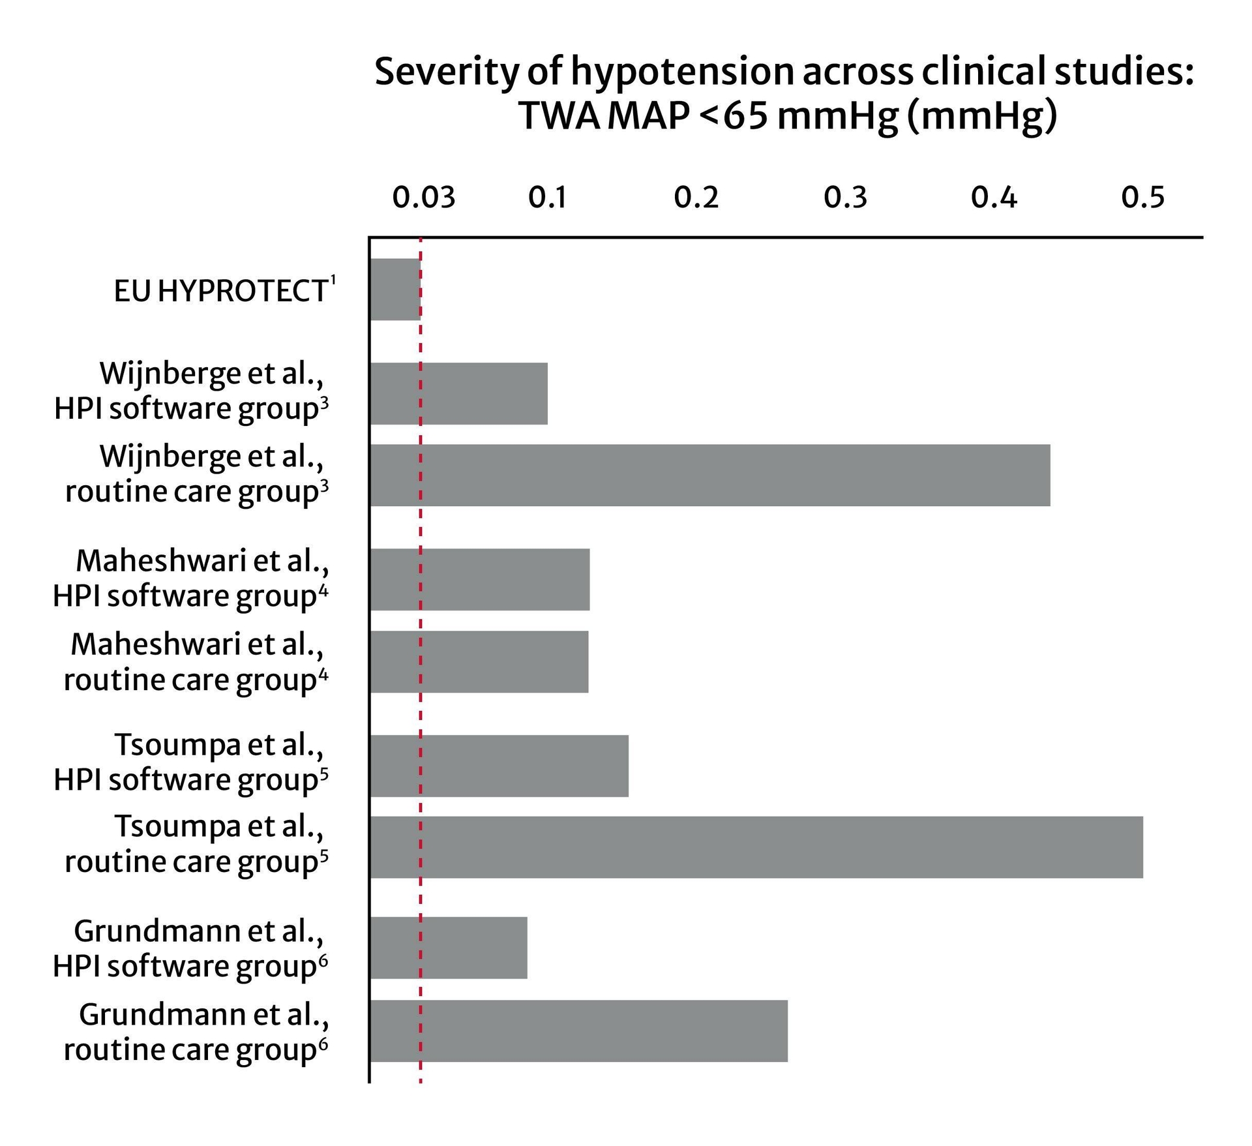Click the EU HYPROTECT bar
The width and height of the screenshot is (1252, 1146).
pyautogui.click(x=395, y=289)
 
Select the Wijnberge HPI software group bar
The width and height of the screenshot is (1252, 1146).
pyautogui.click(x=458, y=393)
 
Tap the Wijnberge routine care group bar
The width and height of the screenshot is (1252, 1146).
pyautogui.click(x=709, y=475)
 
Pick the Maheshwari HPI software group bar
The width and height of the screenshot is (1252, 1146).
pyautogui.click(x=479, y=579)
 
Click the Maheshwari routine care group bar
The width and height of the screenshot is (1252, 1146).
pyautogui.click(x=479, y=661)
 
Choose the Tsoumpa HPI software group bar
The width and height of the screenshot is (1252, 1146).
pyautogui.click(x=499, y=766)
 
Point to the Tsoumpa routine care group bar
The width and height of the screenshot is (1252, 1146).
pyautogui.click(x=756, y=847)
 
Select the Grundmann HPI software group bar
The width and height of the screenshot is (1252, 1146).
pyautogui.click(x=448, y=948)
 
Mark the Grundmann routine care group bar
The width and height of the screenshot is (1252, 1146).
pyautogui.click(x=578, y=1031)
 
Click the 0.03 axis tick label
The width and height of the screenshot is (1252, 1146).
pyautogui.click(x=423, y=197)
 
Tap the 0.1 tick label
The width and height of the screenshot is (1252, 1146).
pyautogui.click(x=547, y=197)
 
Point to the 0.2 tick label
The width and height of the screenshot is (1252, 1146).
pyautogui.click(x=696, y=197)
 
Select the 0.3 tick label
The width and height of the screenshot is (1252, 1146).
pyautogui.click(x=845, y=197)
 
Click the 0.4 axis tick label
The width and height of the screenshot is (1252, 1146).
pyautogui.click(x=994, y=197)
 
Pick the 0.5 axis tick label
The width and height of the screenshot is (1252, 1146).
pyautogui.click(x=1142, y=197)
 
